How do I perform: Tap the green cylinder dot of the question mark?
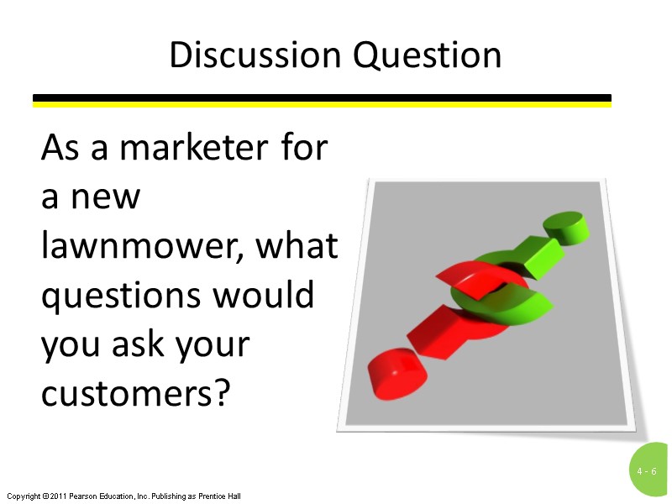[565, 227]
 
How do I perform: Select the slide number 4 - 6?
[646, 472]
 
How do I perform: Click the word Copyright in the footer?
[22, 496]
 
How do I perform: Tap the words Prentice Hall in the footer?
[221, 496]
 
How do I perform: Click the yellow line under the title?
[322, 105]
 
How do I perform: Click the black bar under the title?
[322, 98]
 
